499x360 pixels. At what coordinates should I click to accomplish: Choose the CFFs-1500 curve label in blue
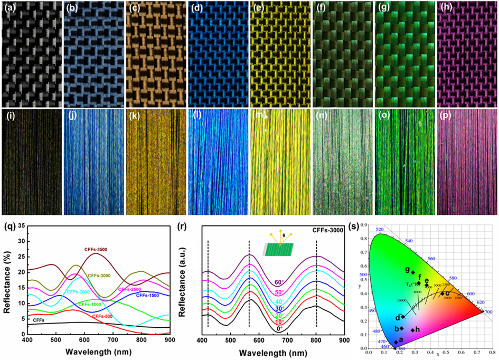click(150, 296)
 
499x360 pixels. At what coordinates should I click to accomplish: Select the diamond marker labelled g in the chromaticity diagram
click(413, 272)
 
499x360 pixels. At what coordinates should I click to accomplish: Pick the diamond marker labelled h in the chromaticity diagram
click(413, 330)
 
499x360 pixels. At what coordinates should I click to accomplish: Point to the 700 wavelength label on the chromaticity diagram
click(488, 312)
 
